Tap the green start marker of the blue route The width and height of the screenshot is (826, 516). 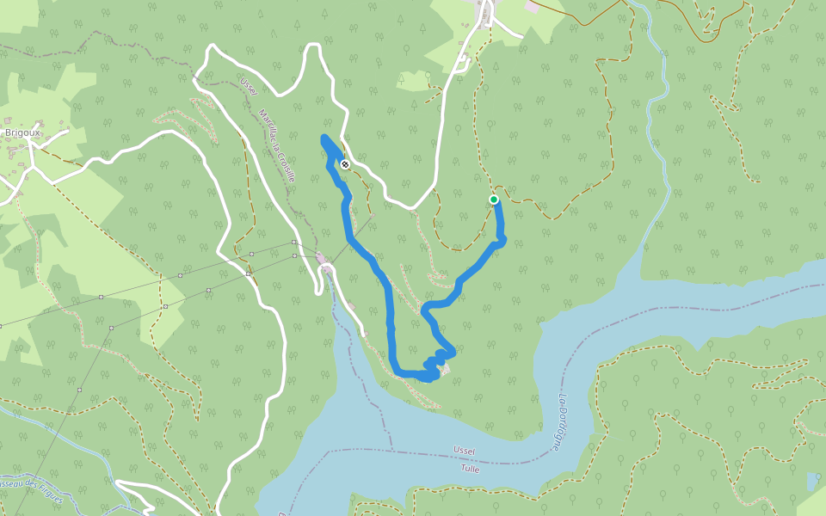point(494,200)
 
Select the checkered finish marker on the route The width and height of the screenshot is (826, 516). point(344,163)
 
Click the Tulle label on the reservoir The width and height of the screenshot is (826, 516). point(470,469)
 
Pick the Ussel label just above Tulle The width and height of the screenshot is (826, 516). point(465,451)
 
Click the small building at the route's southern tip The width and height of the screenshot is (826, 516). point(444,370)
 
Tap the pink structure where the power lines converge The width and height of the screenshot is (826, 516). point(321,258)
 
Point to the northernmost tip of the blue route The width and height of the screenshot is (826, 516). point(324,138)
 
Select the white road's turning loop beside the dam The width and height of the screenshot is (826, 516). point(327,272)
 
